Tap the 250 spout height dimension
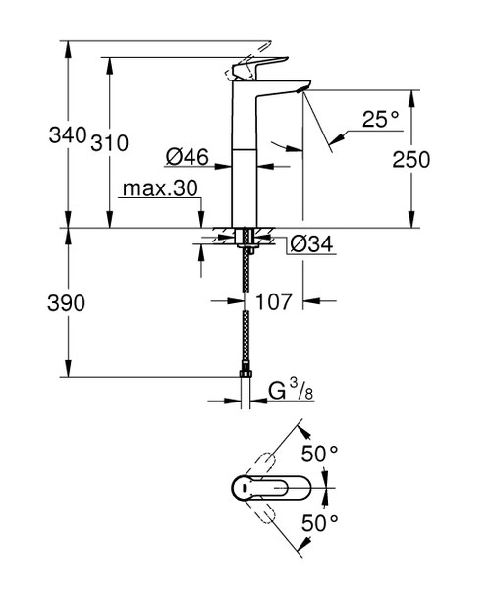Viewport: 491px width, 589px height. [410, 158]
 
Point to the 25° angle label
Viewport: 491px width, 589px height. [382, 119]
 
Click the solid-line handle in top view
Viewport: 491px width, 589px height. [272, 487]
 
